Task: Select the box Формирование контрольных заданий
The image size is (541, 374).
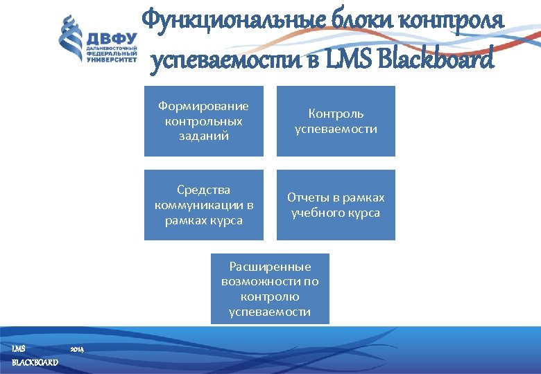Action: click(x=203, y=121)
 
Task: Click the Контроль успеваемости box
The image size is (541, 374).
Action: click(x=336, y=121)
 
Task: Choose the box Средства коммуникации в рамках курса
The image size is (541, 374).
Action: click(x=203, y=205)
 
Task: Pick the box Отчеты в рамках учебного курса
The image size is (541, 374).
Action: click(x=336, y=205)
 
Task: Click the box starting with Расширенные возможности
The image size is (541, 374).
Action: click(x=270, y=289)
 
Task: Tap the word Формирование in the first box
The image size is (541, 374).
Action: click(x=203, y=106)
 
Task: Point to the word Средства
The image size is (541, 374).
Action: click(x=203, y=190)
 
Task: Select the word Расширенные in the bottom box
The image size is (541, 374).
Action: click(x=270, y=267)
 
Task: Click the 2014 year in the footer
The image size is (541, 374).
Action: click(x=77, y=349)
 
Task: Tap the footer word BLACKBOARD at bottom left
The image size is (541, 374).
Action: click(x=35, y=363)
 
